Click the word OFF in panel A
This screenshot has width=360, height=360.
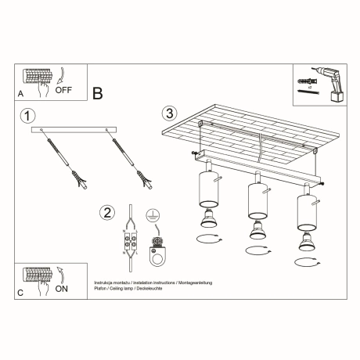[64, 89]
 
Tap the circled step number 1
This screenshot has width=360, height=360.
[28, 116]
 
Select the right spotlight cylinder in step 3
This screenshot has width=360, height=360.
[304, 211]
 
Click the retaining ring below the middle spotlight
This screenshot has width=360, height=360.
[256, 250]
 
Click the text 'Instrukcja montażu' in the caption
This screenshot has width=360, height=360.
[110, 281]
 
